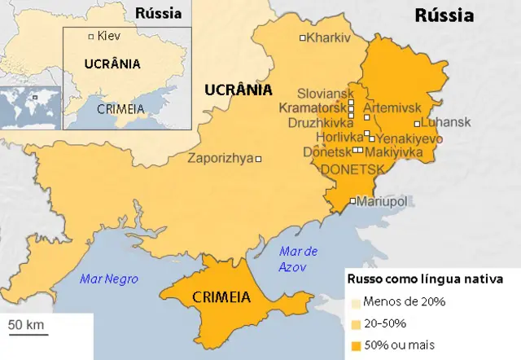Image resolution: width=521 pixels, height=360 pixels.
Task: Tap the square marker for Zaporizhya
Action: (259, 159)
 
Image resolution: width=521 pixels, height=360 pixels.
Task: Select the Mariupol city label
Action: (383, 200)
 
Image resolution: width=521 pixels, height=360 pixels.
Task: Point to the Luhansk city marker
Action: (417, 124)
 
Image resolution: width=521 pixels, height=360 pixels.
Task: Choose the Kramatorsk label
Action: (313, 108)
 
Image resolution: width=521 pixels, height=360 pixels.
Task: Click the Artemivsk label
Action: (392, 108)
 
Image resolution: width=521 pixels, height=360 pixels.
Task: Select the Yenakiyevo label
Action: (409, 138)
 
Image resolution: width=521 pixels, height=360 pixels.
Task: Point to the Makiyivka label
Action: (393, 151)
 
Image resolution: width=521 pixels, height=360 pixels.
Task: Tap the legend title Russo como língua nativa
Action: (424, 279)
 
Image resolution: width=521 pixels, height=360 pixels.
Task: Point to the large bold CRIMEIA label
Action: (221, 297)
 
